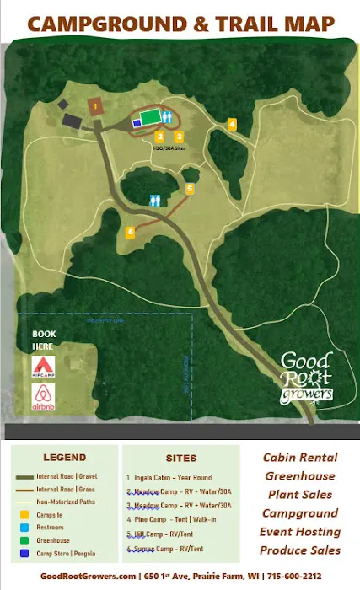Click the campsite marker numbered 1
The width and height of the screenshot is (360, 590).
coord(96,106)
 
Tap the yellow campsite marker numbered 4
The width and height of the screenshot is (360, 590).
coord(232,124)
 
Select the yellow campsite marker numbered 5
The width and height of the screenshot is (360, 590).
coord(191,189)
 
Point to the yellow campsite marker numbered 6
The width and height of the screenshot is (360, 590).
coord(130,231)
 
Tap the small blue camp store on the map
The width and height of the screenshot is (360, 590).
coord(137,123)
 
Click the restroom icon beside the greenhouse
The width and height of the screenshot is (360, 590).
coord(169,117)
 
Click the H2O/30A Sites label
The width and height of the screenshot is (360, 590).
coord(169,147)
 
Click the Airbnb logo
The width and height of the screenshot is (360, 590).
coord(44,396)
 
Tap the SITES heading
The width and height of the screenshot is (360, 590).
coord(180,459)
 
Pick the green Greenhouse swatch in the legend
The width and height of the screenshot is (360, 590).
coord(19,540)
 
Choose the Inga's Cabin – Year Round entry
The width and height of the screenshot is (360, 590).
coord(169,478)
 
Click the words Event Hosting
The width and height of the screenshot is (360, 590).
coord(301,532)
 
